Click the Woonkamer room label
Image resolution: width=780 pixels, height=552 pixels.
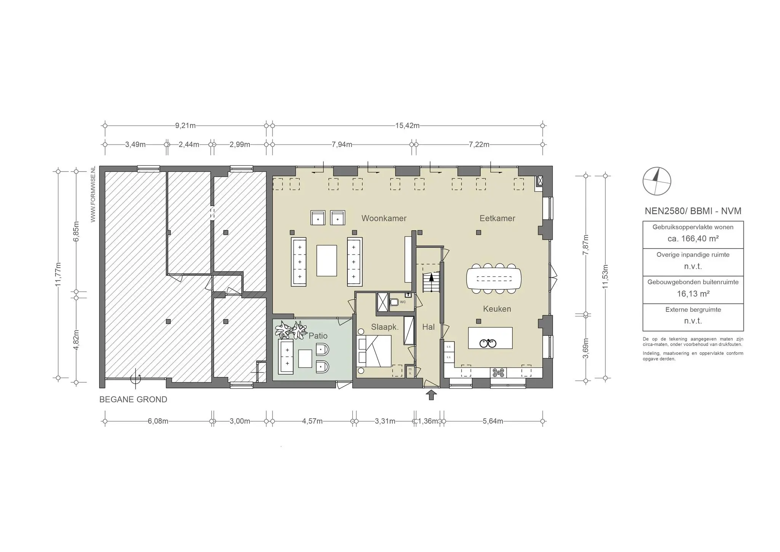[x=384, y=218]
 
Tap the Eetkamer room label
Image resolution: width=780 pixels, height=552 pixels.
[x=497, y=218]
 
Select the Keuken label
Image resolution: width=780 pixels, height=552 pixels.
[x=497, y=309]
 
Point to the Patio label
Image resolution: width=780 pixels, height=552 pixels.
[x=318, y=336]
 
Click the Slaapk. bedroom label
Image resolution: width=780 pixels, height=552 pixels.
[x=385, y=327]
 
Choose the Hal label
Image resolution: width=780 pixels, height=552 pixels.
[x=428, y=327]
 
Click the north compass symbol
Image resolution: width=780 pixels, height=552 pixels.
[x=657, y=181]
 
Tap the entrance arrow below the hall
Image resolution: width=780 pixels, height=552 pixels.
[x=431, y=395]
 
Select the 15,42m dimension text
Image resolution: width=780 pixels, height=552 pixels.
[x=407, y=125]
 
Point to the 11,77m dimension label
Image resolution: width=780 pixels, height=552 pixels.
[x=58, y=274]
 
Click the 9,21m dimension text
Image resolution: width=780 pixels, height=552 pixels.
[x=185, y=125]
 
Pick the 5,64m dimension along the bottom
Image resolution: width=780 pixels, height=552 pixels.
[x=492, y=421]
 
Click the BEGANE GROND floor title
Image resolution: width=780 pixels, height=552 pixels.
[x=133, y=400]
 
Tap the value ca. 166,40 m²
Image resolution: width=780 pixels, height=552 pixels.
[x=693, y=239]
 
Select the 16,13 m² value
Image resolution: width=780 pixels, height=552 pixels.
[x=693, y=294]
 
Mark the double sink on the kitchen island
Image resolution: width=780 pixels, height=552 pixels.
[x=488, y=343]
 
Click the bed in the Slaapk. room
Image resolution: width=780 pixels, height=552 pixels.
[x=375, y=351]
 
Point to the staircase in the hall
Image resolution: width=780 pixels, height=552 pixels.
[x=431, y=278]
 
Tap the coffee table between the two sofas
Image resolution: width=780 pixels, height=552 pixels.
[x=327, y=260]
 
